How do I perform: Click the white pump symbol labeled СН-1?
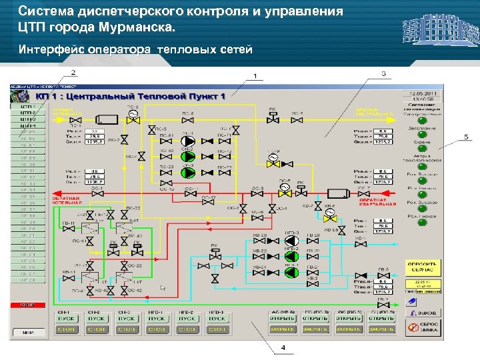point(189,141)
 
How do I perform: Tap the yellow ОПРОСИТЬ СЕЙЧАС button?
point(425,268)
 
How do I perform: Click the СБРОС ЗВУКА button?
point(425,326)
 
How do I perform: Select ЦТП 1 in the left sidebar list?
point(27,106)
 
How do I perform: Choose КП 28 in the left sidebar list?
point(27,280)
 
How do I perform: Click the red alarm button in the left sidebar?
point(27,304)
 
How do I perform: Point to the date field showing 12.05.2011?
point(424,93)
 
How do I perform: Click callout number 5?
point(466,137)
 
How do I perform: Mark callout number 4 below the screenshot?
point(283,347)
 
